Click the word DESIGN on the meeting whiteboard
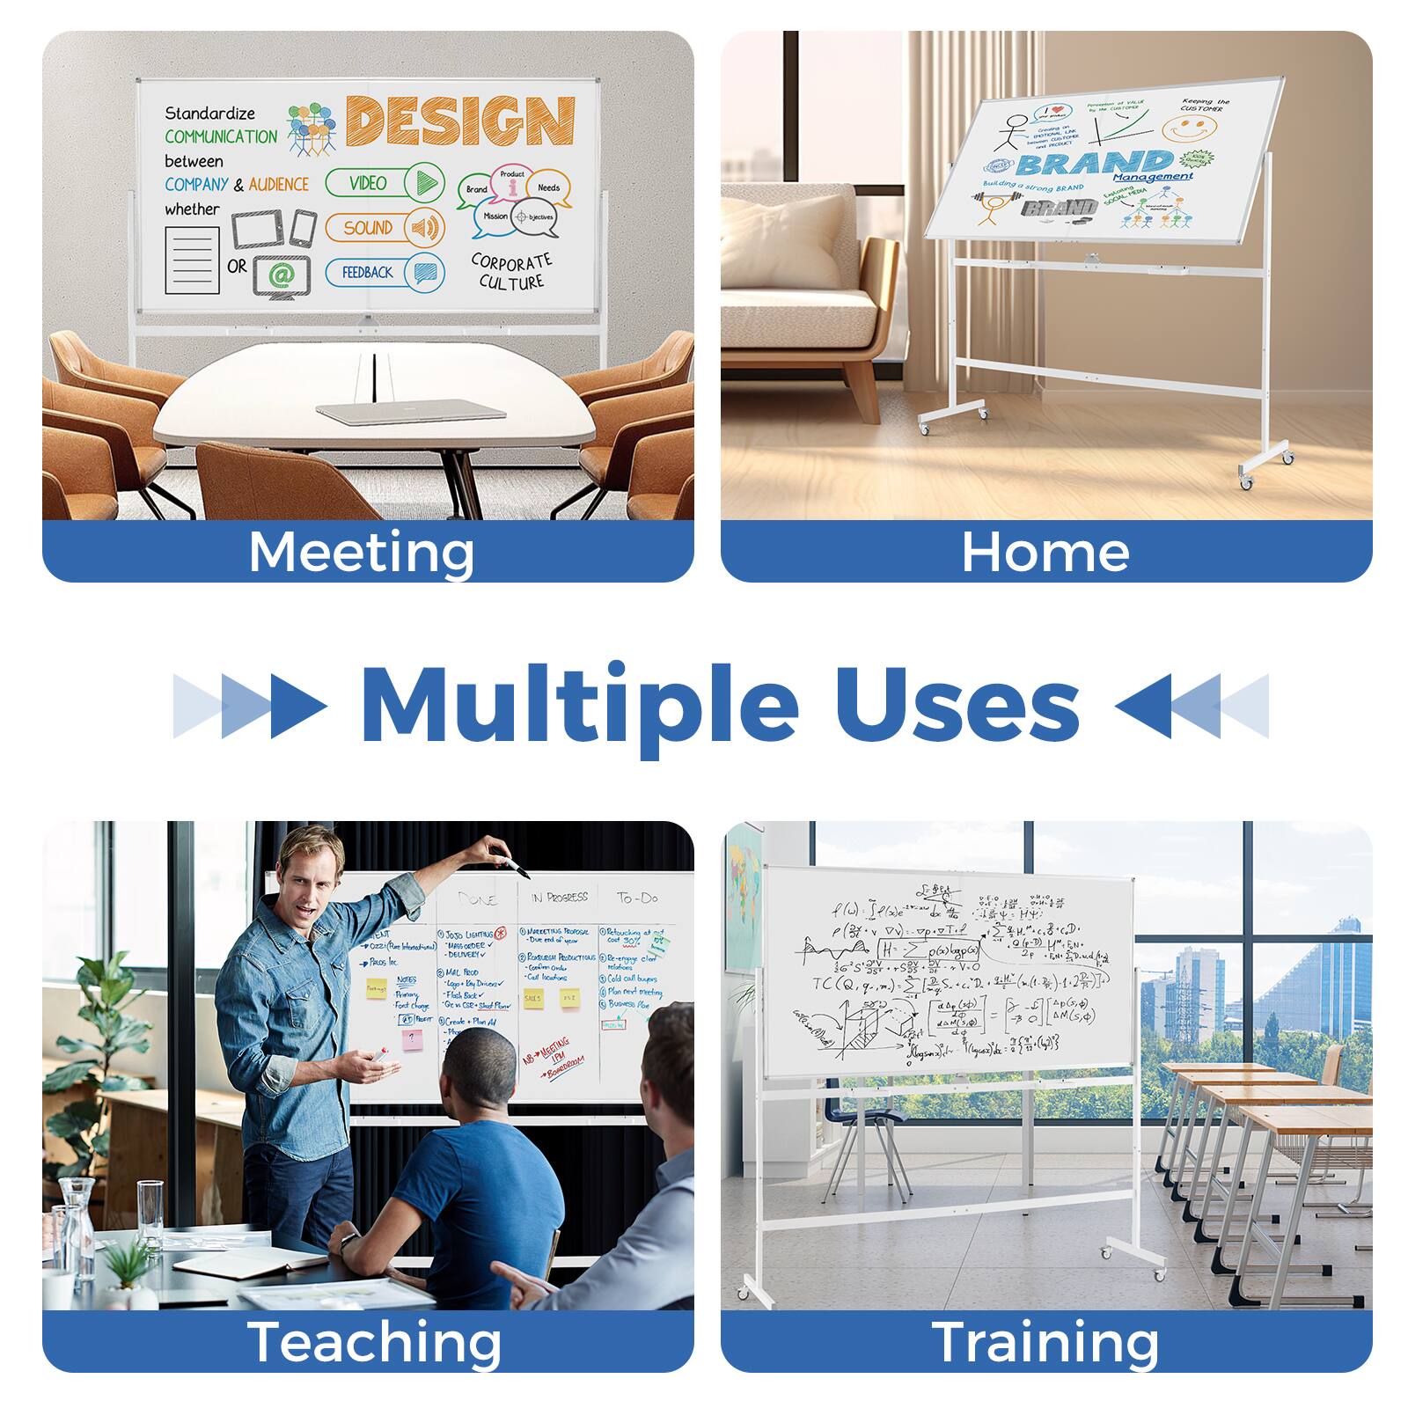460,121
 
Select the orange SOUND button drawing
385,228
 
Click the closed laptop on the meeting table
410,410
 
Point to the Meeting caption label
361,552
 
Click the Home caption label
1045,552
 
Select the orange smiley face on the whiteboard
1189,128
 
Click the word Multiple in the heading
579,706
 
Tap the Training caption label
1045,1342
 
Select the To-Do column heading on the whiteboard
637,898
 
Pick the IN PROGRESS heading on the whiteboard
560,898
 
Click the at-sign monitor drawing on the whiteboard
281,275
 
